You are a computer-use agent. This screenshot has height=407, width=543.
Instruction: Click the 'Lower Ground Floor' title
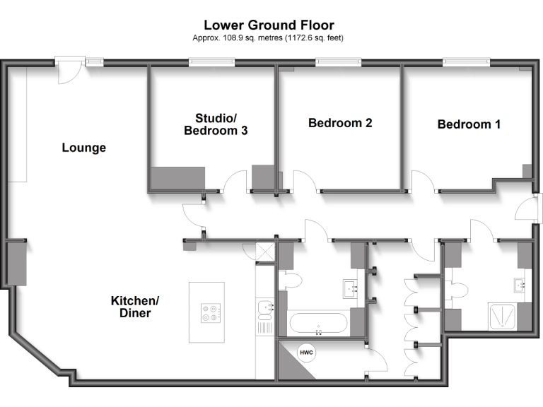tap(269, 25)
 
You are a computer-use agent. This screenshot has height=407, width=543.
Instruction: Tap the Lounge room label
tap(83, 148)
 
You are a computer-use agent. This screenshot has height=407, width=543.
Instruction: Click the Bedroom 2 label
tap(340, 123)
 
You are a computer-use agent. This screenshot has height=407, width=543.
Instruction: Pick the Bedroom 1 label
tap(469, 124)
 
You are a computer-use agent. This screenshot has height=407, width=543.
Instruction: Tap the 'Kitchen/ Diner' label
tap(135, 306)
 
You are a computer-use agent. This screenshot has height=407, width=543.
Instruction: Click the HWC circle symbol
tap(306, 353)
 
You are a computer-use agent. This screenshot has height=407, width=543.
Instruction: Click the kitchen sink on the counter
tap(264, 307)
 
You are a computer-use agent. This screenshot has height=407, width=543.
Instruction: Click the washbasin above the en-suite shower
tap(520, 286)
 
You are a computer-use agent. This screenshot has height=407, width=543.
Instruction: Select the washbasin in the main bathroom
tap(351, 288)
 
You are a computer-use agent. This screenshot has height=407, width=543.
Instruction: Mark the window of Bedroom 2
tap(337, 63)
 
